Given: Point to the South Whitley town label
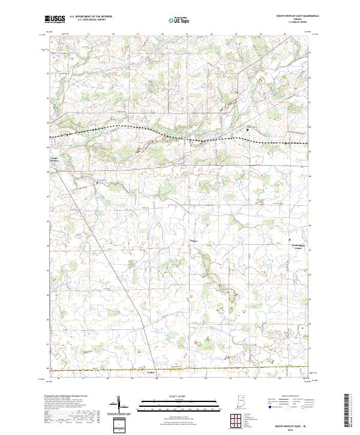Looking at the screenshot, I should [x=54, y=160].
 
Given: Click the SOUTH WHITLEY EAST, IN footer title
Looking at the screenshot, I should [x=295, y=424].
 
